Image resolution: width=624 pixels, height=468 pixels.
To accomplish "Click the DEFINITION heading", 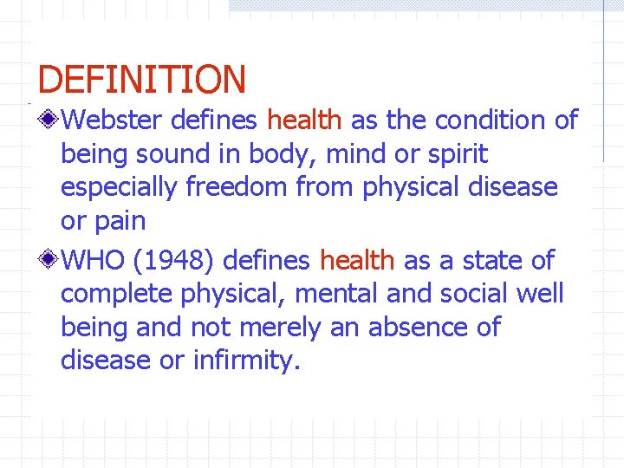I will [142, 80].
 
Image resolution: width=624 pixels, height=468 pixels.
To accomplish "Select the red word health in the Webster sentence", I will [304, 120].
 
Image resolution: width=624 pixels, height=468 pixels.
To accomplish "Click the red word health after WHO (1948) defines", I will [357, 259].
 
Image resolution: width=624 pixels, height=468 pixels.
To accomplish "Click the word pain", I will [118, 222].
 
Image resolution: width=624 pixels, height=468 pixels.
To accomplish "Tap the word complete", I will [118, 294].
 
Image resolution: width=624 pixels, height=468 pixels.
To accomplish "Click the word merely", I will [283, 328].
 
